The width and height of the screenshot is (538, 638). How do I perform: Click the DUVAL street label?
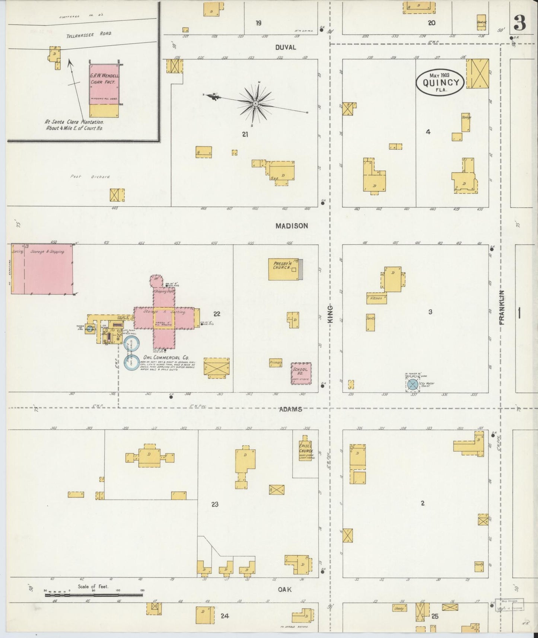pyautogui.click(x=286, y=47)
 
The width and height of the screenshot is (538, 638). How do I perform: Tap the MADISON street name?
pyautogui.click(x=292, y=226)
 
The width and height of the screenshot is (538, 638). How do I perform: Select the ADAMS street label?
pyautogui.click(x=290, y=409)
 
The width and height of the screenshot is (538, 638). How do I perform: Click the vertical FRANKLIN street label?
pyautogui.click(x=502, y=307)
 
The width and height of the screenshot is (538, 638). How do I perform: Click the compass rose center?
pyautogui.click(x=255, y=103)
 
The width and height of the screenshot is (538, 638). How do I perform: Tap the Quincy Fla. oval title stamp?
pyautogui.click(x=440, y=83)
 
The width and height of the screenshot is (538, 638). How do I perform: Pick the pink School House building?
pyautogui.click(x=301, y=373)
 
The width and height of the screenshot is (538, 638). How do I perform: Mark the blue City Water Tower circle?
pyautogui.click(x=412, y=385)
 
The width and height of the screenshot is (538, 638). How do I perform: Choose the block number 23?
pyautogui.click(x=214, y=504)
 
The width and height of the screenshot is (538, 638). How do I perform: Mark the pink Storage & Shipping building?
pyautogui.click(x=42, y=269)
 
